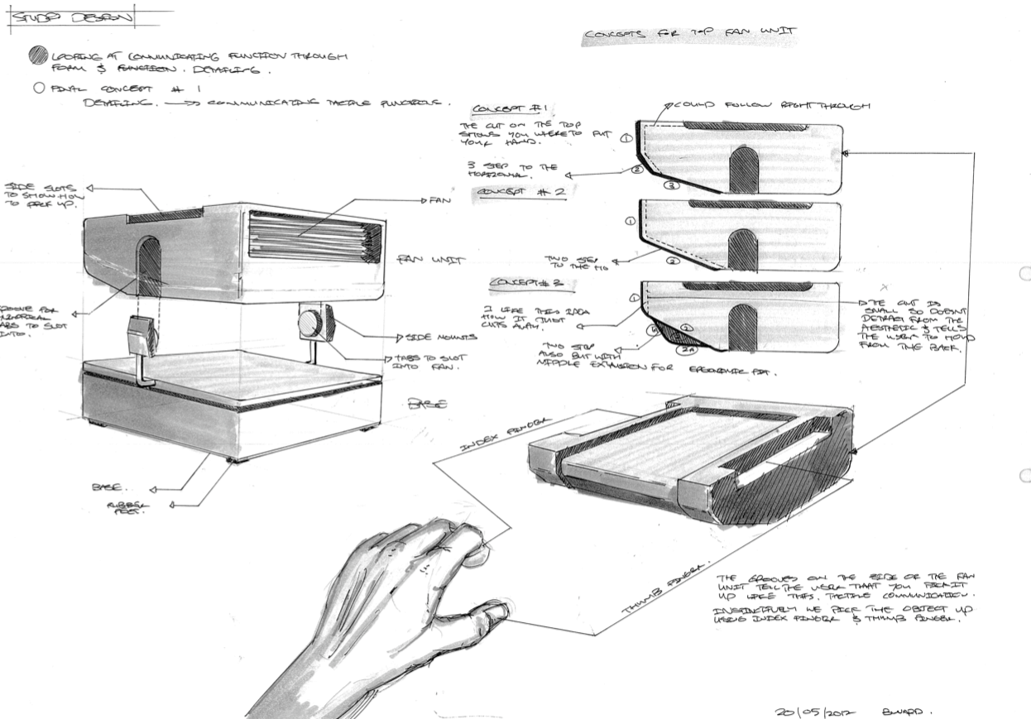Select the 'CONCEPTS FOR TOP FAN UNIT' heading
coord(690,34)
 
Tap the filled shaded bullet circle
coord(36,56)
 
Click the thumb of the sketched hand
coord(494,613)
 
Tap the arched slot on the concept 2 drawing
coord(742,249)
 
